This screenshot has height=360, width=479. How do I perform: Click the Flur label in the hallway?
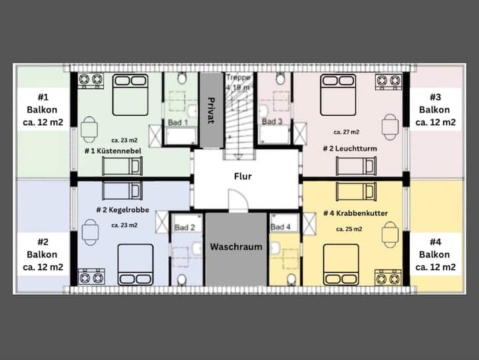click(243, 176)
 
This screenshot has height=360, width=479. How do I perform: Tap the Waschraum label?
click(236, 247)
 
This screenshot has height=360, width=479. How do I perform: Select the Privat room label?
click(211, 110)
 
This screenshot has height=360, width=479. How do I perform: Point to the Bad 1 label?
click(178, 122)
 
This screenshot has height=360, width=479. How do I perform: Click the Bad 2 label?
click(184, 228)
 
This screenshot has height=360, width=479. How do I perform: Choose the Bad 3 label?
click(272, 121)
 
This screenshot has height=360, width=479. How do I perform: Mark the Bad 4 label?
click(281, 227)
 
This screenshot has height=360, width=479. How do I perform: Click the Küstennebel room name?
click(119, 151)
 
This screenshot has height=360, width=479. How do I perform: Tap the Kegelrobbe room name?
click(129, 210)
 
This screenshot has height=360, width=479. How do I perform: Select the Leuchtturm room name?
click(356, 148)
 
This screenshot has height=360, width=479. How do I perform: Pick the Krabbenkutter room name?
click(362, 214)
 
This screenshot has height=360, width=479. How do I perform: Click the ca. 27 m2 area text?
click(347, 132)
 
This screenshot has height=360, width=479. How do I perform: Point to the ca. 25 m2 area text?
click(349, 229)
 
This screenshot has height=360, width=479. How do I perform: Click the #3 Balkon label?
click(435, 110)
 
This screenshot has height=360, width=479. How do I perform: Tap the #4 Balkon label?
click(435, 255)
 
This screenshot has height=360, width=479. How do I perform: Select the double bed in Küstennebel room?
click(130, 94)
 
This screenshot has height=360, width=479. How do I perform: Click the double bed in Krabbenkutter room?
click(341, 265)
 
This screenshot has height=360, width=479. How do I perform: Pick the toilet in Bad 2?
click(182, 279)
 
